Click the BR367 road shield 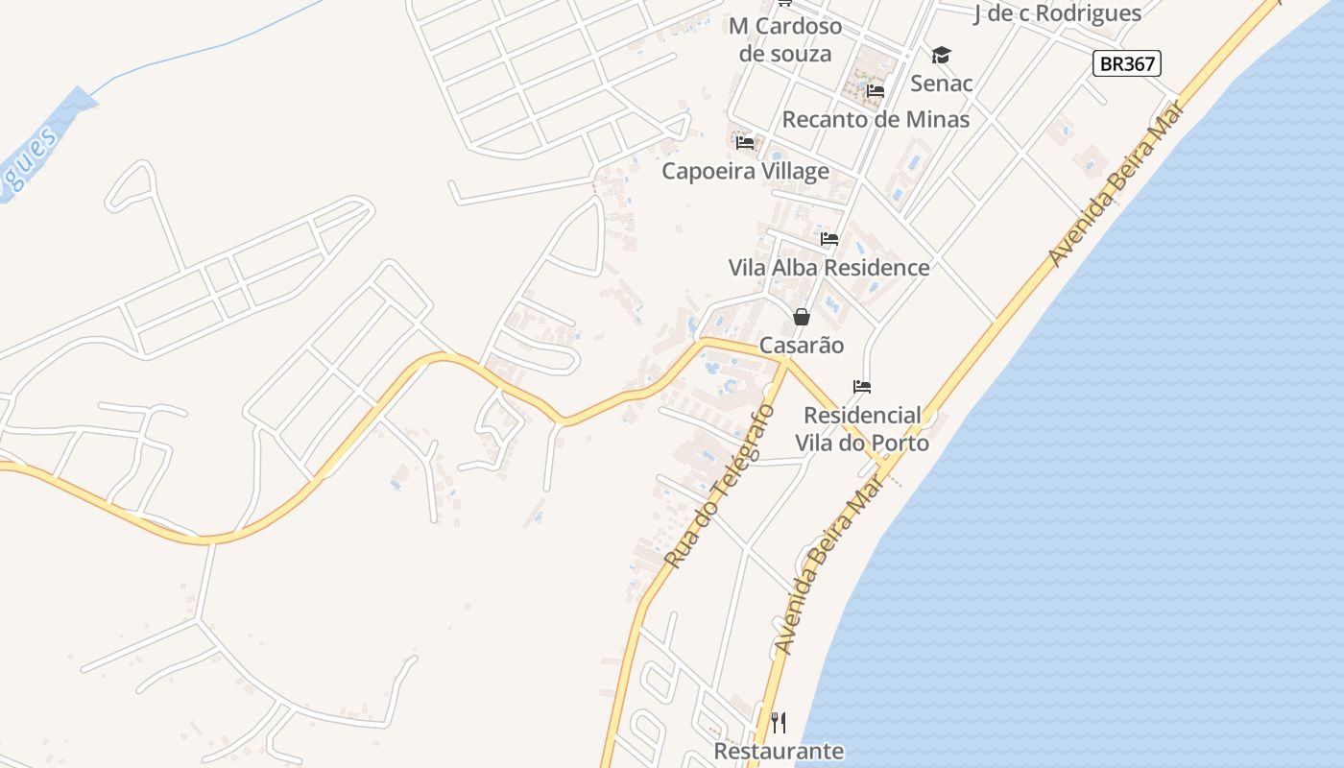1127,64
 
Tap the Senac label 941,84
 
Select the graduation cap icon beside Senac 941,56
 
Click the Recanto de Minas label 876,120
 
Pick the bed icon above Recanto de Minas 875,92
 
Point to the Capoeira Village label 745,172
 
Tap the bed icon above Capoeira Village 745,144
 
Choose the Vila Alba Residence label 828,268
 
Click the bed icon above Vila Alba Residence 829,239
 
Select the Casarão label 802,346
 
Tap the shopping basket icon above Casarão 802,317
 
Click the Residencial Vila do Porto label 862,429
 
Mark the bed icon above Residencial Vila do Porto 862,387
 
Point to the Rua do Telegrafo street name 720,487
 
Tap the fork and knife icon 779,723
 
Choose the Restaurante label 779,751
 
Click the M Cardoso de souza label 785,39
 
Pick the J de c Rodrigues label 1057,13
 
